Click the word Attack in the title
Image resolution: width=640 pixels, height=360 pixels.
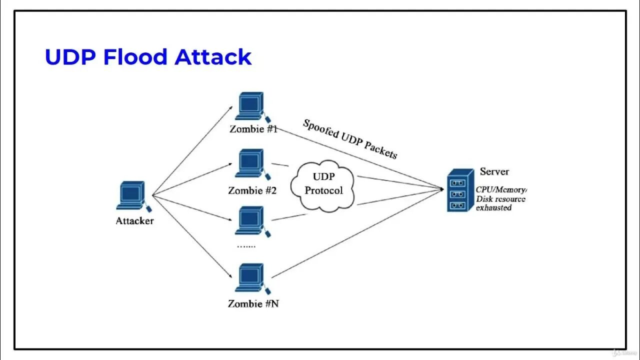[213, 57]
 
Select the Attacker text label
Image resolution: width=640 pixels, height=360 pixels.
[134, 221]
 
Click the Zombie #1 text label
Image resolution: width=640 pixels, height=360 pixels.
[253, 128]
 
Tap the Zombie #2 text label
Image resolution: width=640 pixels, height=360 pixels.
[252, 190]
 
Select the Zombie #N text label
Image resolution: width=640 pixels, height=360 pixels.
[253, 303]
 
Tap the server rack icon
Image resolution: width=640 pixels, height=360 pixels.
[459, 190]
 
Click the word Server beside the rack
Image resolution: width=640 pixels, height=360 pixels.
[494, 171]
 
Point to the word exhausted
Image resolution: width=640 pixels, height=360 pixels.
[493, 207]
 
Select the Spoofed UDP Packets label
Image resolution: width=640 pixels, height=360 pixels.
[350, 139]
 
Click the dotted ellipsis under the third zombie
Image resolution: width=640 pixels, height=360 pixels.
[246, 245]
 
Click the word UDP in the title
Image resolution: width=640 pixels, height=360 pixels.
[69, 57]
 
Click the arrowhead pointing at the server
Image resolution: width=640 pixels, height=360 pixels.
[441, 189]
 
